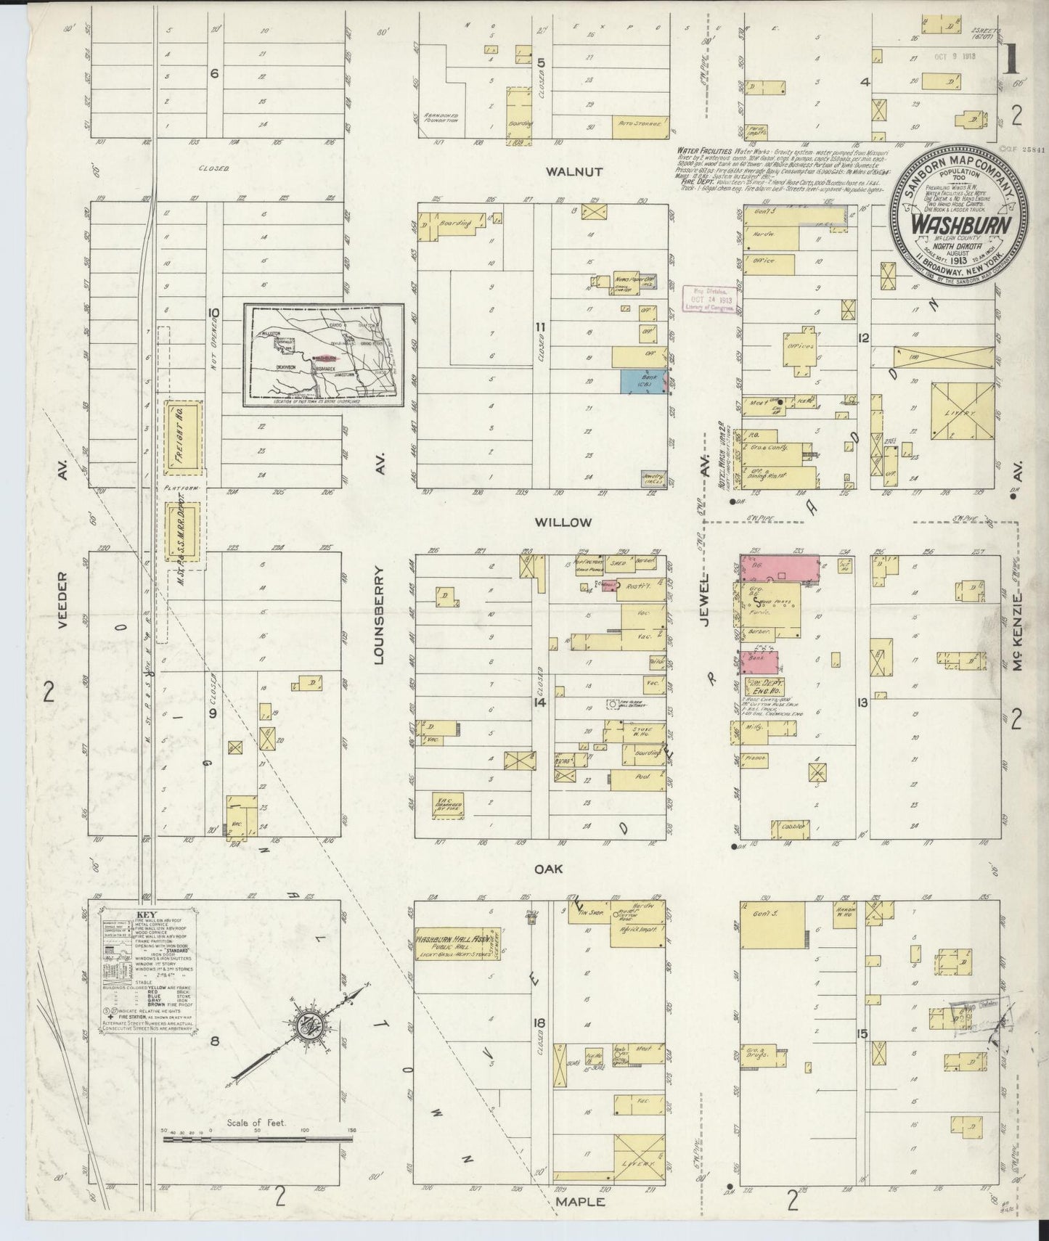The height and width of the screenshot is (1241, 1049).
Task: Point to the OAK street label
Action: pyautogui.click(x=570, y=869)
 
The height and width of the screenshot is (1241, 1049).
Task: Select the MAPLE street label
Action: pyautogui.click(x=580, y=1202)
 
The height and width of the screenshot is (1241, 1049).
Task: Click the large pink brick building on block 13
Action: pyautogui.click(x=778, y=567)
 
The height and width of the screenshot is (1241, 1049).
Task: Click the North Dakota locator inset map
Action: pyautogui.click(x=323, y=355)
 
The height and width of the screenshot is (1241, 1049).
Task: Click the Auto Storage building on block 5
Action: pyautogui.click(x=640, y=125)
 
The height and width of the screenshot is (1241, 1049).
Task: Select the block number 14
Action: pyautogui.click(x=539, y=703)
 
